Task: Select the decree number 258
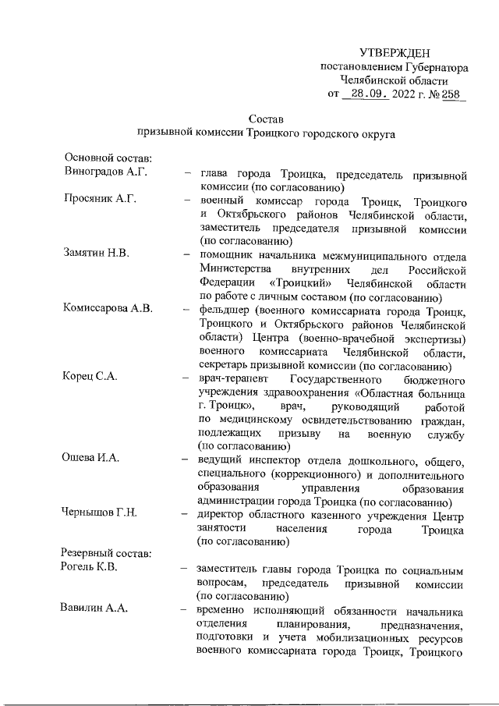(451, 94)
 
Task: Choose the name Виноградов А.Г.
(105, 173)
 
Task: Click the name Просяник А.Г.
(101, 201)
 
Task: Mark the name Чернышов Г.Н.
(101, 513)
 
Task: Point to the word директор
(224, 513)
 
